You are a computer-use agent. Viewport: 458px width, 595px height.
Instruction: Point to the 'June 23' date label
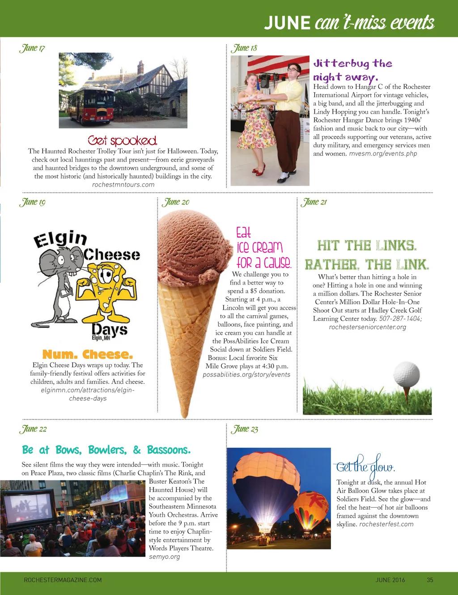point(245,429)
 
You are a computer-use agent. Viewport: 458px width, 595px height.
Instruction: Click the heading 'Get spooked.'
point(123,140)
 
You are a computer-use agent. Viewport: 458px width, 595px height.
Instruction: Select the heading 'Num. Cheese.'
point(88,355)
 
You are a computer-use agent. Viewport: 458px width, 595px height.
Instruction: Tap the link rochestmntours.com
point(123,185)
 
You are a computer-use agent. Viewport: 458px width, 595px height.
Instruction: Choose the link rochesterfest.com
point(386,524)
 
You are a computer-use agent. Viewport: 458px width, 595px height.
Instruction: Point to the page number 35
point(430,580)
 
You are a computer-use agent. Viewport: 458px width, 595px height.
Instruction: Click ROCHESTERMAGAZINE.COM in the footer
point(63,580)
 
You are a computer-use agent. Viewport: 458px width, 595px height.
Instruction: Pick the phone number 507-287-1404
point(401,319)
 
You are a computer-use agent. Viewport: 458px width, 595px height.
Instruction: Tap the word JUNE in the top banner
point(287,22)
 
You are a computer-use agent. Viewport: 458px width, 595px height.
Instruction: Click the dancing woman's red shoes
point(259,170)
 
